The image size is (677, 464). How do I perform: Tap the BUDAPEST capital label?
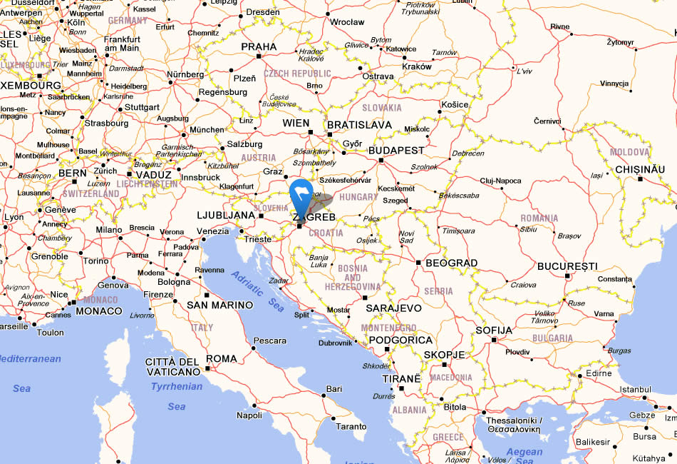tap(396, 151)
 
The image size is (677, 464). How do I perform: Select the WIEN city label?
tap(296, 123)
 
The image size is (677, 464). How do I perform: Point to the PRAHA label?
tap(259, 46)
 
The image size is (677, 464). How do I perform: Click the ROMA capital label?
tap(222, 358)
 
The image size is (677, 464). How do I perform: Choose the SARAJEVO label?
tap(393, 308)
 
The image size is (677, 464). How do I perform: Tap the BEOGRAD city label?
tap(451, 263)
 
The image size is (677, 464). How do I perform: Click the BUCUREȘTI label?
tap(567, 266)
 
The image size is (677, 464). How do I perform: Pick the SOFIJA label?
tap(494, 330)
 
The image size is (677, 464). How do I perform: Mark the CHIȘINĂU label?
tap(639, 169)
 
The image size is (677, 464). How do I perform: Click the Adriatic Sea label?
tap(257, 289)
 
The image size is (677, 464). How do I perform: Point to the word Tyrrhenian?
tap(177, 386)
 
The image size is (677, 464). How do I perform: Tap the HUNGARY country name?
tap(358, 197)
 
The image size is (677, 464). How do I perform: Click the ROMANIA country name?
tap(539, 218)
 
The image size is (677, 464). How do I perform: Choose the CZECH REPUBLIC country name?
tap(297, 74)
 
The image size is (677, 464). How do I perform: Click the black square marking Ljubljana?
tap(261, 215)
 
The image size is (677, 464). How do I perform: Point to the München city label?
tap(207, 130)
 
